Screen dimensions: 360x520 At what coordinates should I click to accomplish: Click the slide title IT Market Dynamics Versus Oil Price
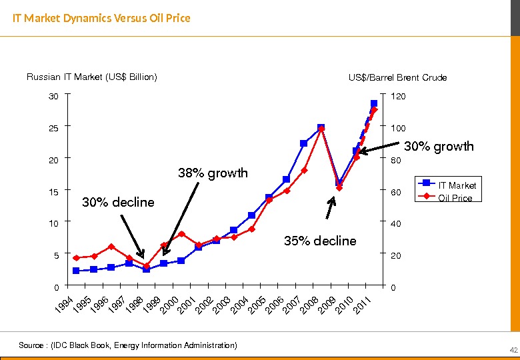point(102,18)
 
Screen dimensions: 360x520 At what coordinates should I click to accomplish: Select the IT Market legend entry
point(457,185)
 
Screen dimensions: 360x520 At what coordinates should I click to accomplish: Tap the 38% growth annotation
point(213,173)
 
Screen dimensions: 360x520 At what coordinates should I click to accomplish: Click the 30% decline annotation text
point(117,202)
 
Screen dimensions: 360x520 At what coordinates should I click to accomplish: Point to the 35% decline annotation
point(320,241)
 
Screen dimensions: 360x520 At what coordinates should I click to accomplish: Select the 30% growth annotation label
point(439,146)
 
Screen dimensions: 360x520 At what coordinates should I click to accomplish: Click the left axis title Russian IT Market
point(92,77)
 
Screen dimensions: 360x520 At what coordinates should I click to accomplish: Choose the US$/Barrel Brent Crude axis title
point(397,77)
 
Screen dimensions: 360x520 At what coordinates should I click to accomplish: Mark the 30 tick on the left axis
point(53,97)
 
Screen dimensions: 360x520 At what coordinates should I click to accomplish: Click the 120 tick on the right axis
point(398,97)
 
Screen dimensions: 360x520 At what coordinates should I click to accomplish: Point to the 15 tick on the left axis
point(53,192)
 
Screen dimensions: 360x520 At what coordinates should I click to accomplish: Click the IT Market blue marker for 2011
point(374,103)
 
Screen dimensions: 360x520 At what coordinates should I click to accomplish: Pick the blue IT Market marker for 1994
point(76,271)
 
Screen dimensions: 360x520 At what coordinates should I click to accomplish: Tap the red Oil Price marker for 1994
point(76,258)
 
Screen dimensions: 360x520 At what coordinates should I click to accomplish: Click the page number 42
point(513,351)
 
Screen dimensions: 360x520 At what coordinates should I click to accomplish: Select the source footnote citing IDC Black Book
point(127,345)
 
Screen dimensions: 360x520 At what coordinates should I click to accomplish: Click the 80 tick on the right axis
point(396,160)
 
